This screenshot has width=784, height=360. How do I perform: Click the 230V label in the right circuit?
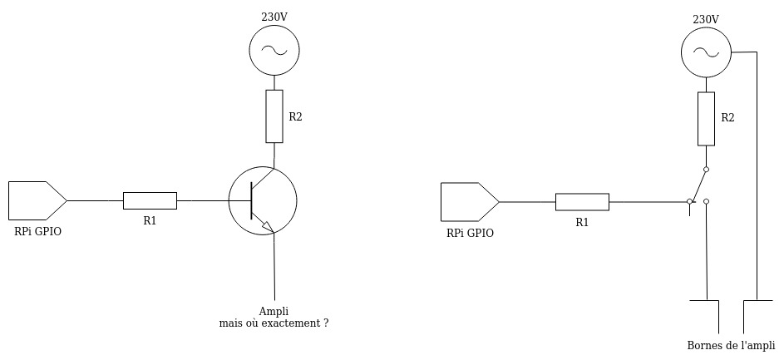click(706, 19)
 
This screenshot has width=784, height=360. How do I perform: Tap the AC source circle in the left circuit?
click(274, 51)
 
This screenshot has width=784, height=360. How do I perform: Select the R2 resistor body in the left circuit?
click(274, 116)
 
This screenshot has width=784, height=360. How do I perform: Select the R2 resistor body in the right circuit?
click(706, 118)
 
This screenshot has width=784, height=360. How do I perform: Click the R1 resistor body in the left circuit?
click(150, 200)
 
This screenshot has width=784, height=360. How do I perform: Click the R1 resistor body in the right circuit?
click(582, 202)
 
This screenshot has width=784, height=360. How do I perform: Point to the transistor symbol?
click(262, 200)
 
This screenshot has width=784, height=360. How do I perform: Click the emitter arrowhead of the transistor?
click(267, 225)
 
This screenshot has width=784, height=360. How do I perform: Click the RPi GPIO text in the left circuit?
click(37, 232)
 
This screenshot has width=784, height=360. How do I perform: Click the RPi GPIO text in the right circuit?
click(470, 234)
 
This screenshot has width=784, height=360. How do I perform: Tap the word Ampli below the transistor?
click(274, 311)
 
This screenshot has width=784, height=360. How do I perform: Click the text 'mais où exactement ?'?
click(274, 323)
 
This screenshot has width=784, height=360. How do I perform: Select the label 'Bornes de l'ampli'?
click(731, 346)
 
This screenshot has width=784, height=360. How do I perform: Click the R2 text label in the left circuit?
click(295, 117)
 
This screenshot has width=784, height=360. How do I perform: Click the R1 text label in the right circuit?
click(582, 223)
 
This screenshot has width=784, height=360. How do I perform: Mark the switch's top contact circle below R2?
click(706, 170)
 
